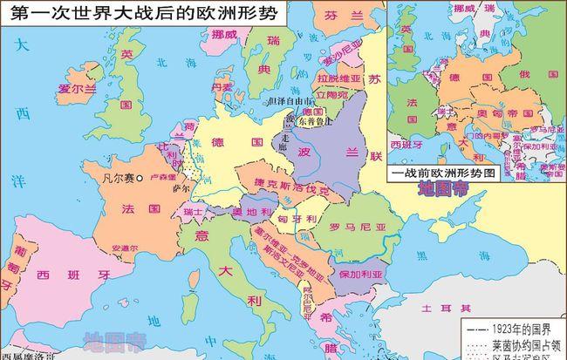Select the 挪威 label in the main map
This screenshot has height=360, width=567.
[224, 35]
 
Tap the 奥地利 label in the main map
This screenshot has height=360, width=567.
[249, 211]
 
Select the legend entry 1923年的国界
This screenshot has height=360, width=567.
[520, 330]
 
